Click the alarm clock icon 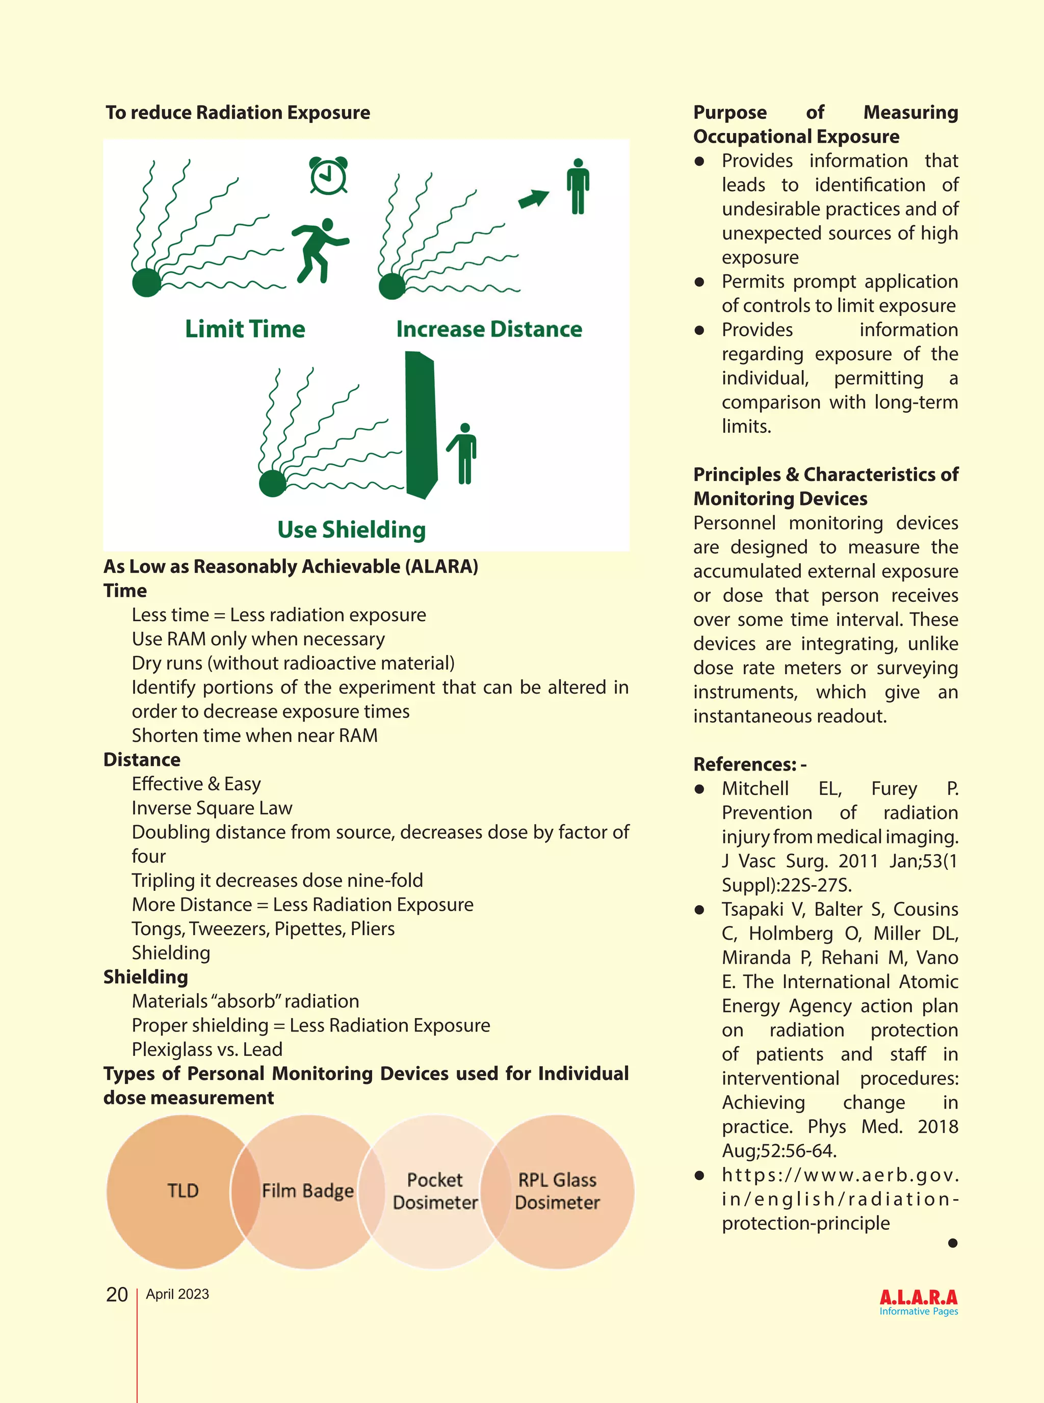[328, 175]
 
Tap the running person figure [319, 250]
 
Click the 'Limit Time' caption [245, 329]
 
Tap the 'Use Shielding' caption [351, 530]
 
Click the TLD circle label [182, 1191]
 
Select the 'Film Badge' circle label [308, 1191]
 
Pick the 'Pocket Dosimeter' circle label [435, 1191]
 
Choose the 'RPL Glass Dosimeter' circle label [557, 1191]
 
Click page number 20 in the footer [117, 1294]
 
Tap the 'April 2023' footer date [177, 1294]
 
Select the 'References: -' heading [749, 764]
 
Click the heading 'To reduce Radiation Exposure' [238, 113]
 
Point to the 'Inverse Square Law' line [212, 808]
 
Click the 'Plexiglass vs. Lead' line [206, 1049]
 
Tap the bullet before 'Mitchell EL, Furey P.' [699, 789]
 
